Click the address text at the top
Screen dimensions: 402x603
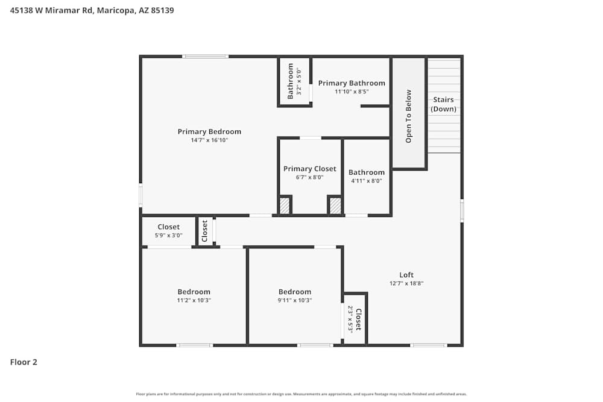pos(92,10)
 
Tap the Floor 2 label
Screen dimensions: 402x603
pos(24,362)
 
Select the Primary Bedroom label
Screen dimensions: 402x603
pos(209,131)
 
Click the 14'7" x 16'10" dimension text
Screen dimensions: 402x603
pos(209,140)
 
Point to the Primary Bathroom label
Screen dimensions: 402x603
pos(352,83)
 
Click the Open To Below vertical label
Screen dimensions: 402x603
pos(409,116)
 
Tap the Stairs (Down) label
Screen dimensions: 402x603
pos(443,104)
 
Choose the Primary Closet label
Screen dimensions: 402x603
pos(310,169)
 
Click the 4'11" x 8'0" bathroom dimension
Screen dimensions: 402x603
pos(366,181)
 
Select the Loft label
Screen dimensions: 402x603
pos(406,275)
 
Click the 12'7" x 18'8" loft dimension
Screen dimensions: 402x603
pos(406,283)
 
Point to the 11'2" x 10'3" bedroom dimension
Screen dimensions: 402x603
pos(194,300)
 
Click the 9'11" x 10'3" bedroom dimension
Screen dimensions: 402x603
pos(295,300)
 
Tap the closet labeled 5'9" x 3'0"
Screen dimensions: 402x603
pos(168,231)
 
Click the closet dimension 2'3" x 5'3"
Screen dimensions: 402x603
pos(350,319)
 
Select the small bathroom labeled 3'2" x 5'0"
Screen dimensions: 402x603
pos(294,81)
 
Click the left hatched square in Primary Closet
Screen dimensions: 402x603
pos(285,206)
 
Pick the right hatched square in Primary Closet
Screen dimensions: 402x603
pos(335,206)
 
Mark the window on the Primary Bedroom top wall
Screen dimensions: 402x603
pos(206,57)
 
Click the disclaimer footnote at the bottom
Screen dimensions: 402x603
pos(301,394)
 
